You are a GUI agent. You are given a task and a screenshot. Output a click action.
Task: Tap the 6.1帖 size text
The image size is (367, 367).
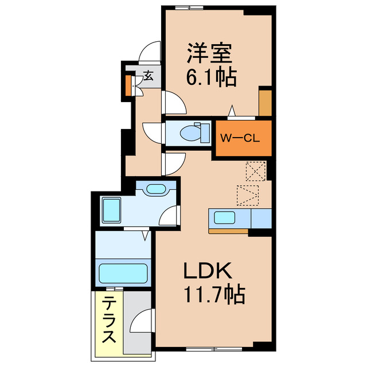coord(210,77)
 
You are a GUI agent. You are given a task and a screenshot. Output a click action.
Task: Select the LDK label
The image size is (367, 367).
coord(208,271)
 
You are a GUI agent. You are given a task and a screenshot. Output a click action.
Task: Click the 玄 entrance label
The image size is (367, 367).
coord(148,76)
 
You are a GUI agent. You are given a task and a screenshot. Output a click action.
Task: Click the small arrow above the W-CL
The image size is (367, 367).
coord(232,111)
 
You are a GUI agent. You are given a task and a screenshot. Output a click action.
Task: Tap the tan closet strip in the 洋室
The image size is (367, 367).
coord(265,102)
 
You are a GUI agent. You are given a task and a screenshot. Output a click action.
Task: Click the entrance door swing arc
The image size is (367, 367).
coord(150,53)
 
